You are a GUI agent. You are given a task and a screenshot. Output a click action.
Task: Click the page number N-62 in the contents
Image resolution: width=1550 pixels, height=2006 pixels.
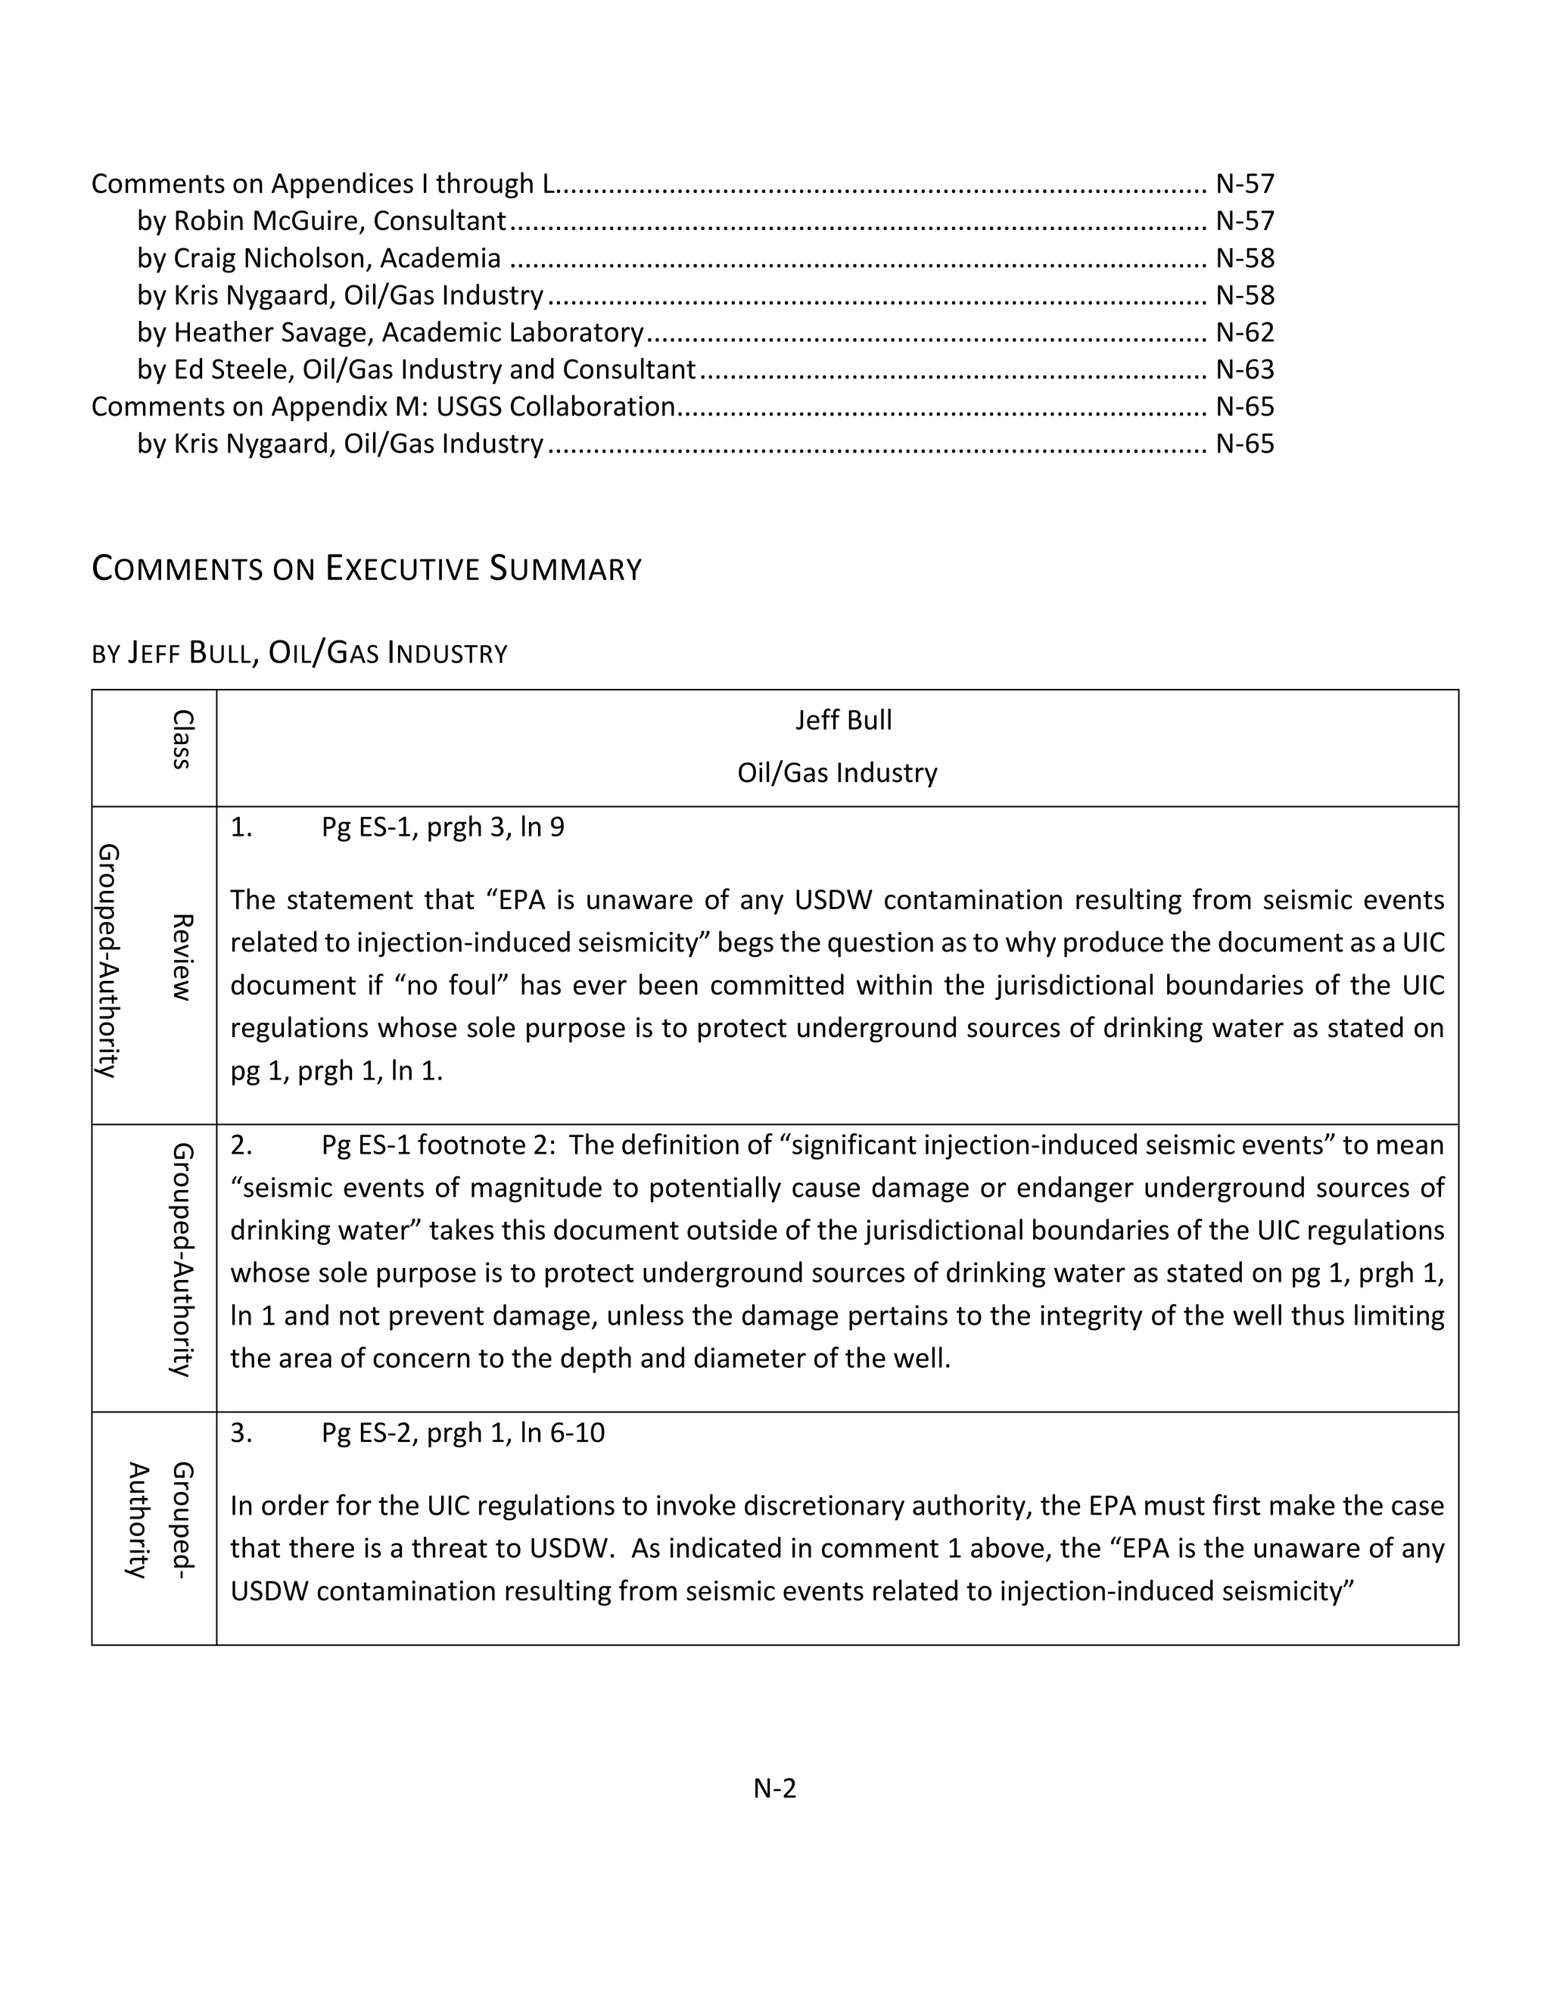pos(1244,332)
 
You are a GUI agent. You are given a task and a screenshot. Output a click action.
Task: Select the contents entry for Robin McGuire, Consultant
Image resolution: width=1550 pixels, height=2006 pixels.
pos(322,221)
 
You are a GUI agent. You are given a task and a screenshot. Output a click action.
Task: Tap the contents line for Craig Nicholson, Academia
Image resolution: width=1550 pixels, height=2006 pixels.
pos(319,259)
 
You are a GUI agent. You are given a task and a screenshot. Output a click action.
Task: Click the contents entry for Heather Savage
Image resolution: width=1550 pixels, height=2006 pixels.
pos(391,332)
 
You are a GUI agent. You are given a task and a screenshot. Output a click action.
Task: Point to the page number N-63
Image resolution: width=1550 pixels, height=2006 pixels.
pos(1244,370)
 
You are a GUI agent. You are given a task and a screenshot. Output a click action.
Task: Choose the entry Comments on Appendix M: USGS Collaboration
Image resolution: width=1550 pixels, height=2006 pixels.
pos(383,407)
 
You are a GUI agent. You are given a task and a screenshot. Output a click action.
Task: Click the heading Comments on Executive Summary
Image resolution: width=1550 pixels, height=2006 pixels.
pos(366,568)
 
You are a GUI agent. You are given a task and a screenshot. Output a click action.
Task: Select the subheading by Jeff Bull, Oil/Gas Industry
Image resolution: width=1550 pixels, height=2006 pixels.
pos(300,653)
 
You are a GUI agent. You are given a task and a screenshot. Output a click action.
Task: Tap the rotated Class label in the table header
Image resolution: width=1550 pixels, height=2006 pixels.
pos(182,740)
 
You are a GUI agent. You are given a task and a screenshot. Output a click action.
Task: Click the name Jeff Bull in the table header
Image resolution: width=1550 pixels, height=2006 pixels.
pos(843,720)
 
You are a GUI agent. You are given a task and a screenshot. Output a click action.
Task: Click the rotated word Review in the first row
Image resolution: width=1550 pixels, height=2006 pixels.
pos(182,957)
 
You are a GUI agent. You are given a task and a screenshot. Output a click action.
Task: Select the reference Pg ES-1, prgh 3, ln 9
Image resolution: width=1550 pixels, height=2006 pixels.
pos(443,827)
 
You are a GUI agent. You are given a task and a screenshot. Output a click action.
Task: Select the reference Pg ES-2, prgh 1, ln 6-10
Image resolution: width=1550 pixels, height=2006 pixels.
pos(462,1433)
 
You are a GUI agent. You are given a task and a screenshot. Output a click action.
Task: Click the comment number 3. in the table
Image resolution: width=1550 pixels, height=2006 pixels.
pos(241,1433)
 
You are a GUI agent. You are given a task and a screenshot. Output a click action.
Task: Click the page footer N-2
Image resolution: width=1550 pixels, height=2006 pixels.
pos(774,1788)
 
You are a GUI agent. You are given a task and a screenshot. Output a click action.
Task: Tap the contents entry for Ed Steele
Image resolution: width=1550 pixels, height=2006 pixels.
pos(416,370)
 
